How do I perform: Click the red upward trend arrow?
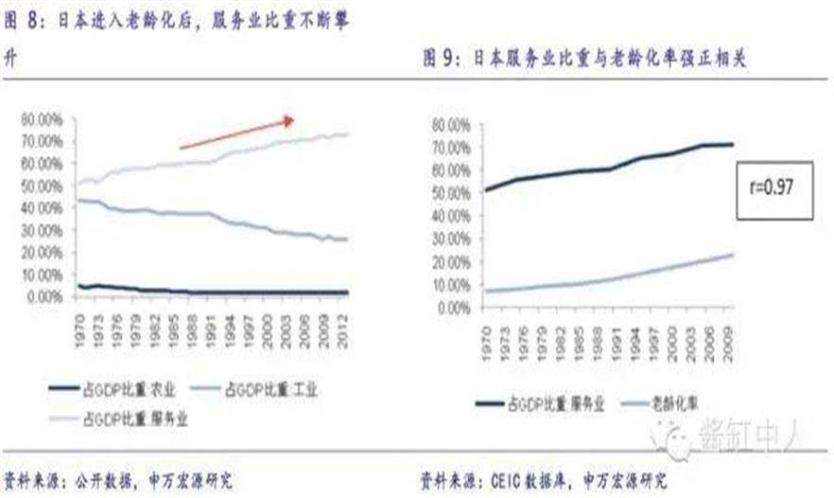237,133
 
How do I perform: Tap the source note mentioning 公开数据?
118,479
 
